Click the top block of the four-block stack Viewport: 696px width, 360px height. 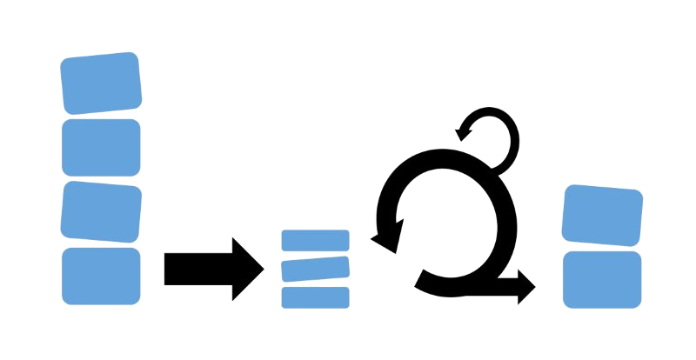pos(101,83)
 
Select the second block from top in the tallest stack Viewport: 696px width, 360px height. pos(101,146)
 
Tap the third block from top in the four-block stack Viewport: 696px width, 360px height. pos(101,210)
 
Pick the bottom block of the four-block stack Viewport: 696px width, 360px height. pos(101,276)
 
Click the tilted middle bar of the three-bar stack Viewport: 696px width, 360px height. pos(315,268)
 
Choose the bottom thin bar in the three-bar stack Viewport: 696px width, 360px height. pos(315,297)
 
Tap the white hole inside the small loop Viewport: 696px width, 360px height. pos(488,138)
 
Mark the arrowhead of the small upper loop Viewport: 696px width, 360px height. pos(465,131)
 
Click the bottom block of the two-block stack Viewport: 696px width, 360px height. pos(602,279)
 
